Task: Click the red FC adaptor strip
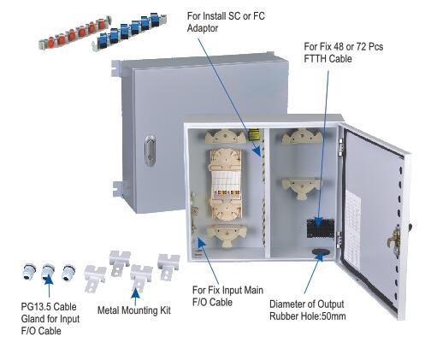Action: pos(75,33)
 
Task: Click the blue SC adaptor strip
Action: pos(129,31)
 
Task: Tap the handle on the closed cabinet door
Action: pos(150,150)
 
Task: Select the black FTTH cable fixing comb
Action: pos(320,228)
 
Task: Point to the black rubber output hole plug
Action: pos(321,251)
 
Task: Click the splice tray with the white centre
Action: pos(226,185)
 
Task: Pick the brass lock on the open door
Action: pos(394,240)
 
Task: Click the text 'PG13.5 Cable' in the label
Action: pos(49,307)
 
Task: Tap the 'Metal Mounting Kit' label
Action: pos(134,310)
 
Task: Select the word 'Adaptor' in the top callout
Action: pos(203,28)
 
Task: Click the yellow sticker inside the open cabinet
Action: pos(254,134)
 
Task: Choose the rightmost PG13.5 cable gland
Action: pos(68,273)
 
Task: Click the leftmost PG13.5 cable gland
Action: pos(29,272)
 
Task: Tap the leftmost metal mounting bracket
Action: pos(94,279)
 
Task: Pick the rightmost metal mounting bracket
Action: pos(168,267)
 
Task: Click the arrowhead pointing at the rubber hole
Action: pos(320,257)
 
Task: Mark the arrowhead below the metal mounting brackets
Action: pos(135,293)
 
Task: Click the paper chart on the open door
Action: pos(352,232)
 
